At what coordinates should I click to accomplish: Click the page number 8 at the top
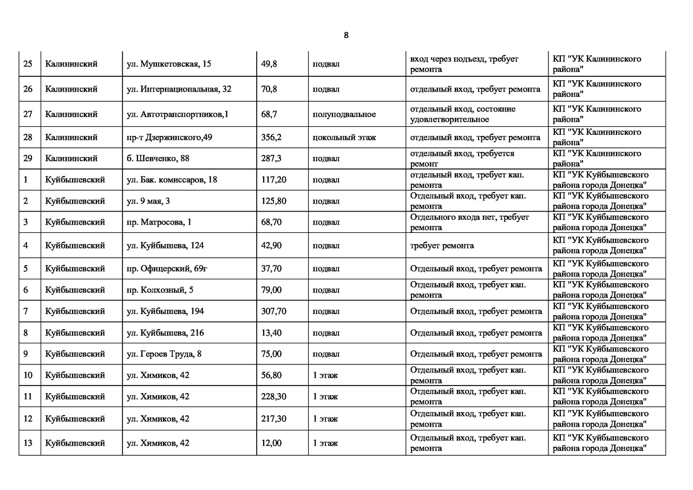346,35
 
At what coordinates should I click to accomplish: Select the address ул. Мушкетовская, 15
168,64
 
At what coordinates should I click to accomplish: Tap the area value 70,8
269,89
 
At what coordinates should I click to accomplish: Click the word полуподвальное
344,114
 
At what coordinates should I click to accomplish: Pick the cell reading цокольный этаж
344,138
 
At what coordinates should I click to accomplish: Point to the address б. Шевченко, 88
158,159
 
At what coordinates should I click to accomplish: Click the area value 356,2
271,138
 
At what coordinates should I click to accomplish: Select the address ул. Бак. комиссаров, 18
172,180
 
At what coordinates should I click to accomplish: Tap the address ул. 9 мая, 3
148,201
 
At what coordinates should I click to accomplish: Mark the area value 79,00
271,290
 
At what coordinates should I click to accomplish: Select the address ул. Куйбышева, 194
165,311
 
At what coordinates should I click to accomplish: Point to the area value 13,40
271,333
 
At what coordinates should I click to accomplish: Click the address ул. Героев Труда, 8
164,354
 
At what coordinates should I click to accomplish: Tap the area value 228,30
274,397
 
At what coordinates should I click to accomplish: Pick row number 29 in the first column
28,159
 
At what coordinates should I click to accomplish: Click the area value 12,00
271,443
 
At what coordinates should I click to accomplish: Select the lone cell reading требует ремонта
442,246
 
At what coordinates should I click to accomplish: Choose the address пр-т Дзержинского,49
169,138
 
